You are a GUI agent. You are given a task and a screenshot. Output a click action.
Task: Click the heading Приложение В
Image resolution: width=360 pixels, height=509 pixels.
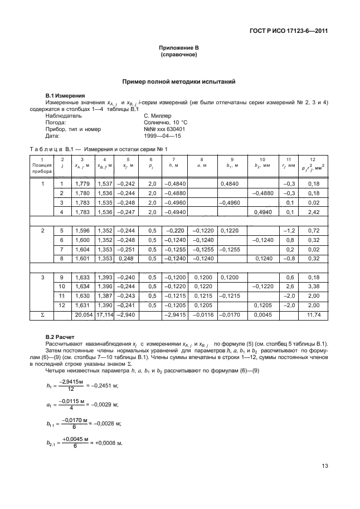tap(180, 50)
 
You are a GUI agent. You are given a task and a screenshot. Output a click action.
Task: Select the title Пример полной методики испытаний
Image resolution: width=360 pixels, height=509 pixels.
tap(179, 81)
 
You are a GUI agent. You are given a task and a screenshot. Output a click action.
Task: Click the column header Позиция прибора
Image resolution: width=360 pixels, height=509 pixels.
tap(42, 166)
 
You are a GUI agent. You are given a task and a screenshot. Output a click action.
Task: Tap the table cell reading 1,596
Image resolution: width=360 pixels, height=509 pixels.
tap(81, 230)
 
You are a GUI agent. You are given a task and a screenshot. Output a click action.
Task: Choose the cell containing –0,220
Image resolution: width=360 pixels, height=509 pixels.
tap(176, 230)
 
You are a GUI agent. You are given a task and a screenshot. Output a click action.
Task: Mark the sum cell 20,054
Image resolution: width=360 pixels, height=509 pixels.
tap(81, 315)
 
